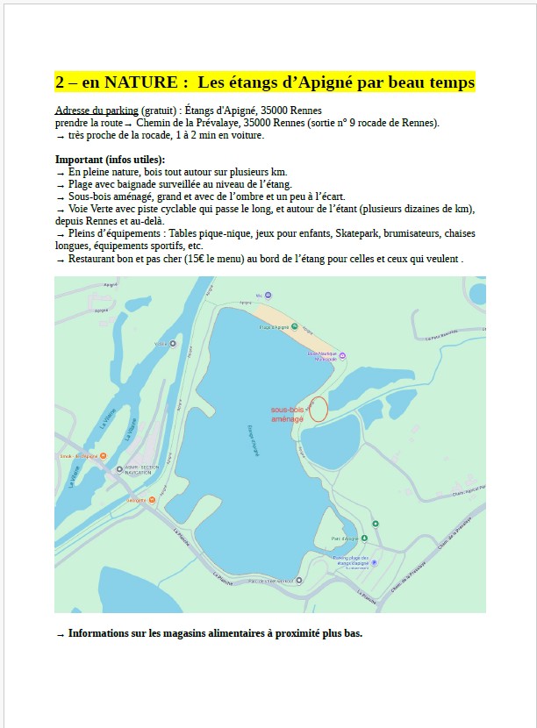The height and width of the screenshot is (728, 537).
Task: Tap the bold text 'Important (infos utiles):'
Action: click(110, 160)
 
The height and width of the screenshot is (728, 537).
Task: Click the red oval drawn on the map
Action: click(319, 409)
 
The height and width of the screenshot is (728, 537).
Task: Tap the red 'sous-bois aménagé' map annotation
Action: click(287, 415)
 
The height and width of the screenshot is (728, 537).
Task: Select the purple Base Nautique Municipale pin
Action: click(342, 356)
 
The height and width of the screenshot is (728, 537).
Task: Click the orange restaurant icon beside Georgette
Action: click(152, 500)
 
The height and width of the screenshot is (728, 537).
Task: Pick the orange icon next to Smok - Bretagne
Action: click(104, 456)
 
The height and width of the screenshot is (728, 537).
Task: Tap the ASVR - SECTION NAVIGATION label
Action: click(145, 470)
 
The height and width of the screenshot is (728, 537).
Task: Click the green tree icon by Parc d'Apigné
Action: click(376, 524)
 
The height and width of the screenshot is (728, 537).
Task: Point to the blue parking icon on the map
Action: click(375, 561)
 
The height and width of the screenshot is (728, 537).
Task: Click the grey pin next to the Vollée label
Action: click(172, 344)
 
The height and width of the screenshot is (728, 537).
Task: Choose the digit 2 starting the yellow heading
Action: click(60, 82)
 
